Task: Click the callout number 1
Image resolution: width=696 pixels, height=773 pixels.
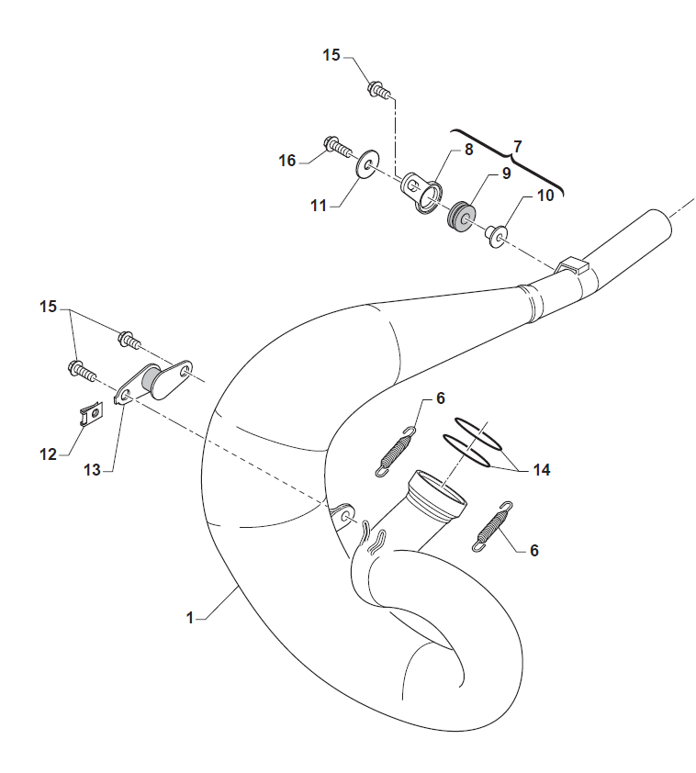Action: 190,619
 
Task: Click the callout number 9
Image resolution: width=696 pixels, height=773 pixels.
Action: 505,173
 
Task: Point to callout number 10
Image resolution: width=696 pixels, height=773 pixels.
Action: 545,196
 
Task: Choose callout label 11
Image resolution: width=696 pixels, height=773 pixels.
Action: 318,207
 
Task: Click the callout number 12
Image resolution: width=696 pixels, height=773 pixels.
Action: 47,454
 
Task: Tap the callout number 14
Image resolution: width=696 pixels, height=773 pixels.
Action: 541,470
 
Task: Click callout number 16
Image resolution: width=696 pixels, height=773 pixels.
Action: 287,161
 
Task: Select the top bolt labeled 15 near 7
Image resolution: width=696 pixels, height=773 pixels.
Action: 379,90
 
